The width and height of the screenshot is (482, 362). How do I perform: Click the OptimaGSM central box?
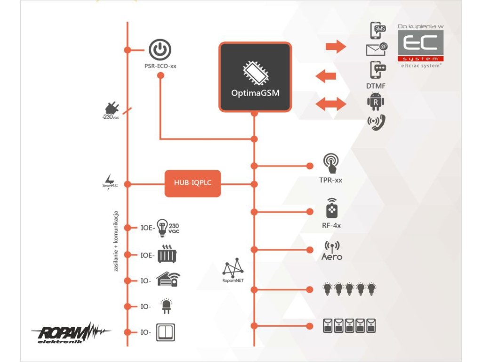255,77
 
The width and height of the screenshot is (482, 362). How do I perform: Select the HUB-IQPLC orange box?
193,183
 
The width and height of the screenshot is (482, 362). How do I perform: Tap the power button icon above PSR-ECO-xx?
160,49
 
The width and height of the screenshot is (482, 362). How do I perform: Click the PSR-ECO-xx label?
160,66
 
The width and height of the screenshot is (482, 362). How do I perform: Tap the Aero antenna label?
332,257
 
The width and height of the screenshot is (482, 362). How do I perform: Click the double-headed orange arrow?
330,104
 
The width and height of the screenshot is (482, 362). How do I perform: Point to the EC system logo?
420,48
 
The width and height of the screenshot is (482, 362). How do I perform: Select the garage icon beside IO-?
168,280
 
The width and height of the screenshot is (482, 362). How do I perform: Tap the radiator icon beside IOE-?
167,255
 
